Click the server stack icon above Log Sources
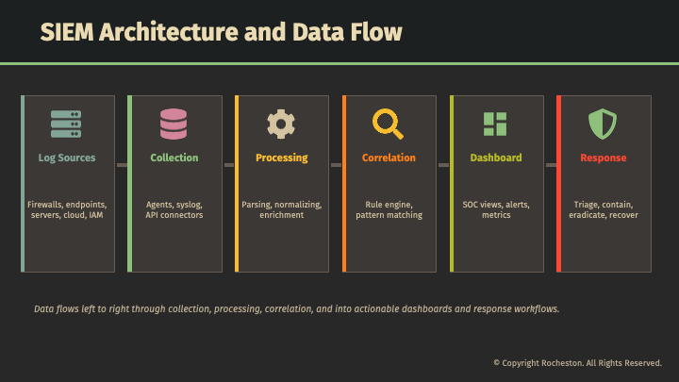pyautogui.click(x=66, y=125)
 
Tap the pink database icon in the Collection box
pyautogui.click(x=174, y=125)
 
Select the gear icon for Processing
pyautogui.click(x=281, y=125)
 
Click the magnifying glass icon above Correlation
pyautogui.click(x=388, y=124)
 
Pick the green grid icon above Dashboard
pyautogui.click(x=495, y=125)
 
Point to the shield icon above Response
pyautogui.click(x=602, y=125)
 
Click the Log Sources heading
pyautogui.click(x=67, y=158)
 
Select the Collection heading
pyautogui.click(x=174, y=158)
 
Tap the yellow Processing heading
pyautogui.click(x=282, y=158)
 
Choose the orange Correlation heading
pyautogui.click(x=389, y=158)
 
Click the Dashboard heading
pyautogui.click(x=496, y=158)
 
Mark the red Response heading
pyautogui.click(x=604, y=158)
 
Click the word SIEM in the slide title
pyautogui.click(x=67, y=32)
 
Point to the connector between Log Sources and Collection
pyautogui.click(x=122, y=165)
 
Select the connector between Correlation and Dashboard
pyautogui.click(x=443, y=165)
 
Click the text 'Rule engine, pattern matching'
pyautogui.click(x=389, y=209)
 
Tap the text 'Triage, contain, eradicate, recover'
pyautogui.click(x=604, y=209)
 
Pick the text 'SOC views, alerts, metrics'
pyautogui.click(x=496, y=209)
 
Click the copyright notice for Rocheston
pyautogui.click(x=577, y=363)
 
